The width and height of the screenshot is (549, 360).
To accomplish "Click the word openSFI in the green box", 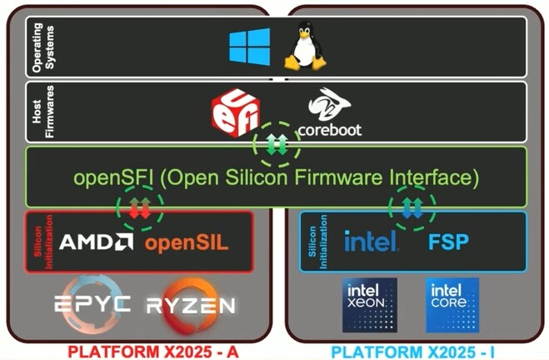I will point(106,177).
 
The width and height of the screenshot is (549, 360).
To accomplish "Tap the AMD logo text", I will point(96,242).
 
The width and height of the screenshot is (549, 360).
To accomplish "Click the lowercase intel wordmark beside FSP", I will point(372,242).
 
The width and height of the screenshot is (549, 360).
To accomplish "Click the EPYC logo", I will point(92,302).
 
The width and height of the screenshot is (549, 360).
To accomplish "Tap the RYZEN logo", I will point(191,303).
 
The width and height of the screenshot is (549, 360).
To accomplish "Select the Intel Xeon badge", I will point(370,305).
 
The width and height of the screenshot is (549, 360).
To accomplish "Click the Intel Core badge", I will point(452,305).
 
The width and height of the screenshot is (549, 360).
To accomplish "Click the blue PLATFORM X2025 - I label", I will point(417,351).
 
